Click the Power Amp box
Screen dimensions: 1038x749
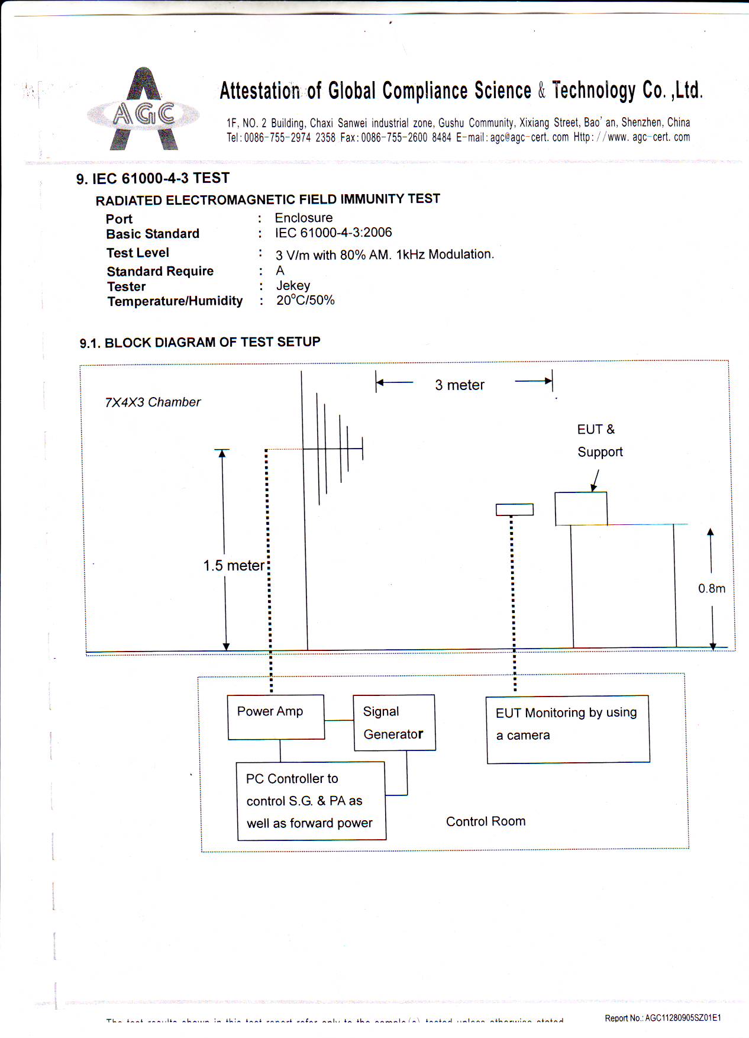[276, 717]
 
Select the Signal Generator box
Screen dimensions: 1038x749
[394, 723]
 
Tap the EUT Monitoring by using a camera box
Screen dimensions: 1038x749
[568, 729]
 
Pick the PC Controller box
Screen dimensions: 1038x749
[311, 801]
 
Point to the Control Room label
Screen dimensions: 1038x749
[486, 821]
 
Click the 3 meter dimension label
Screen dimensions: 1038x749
[460, 385]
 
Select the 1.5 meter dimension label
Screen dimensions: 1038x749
[234, 566]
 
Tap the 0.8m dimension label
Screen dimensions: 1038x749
[711, 588]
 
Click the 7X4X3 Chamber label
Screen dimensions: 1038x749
[153, 402]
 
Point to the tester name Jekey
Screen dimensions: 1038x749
[293, 286]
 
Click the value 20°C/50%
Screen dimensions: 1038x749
[305, 301]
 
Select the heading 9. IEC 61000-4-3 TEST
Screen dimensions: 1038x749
[153, 179]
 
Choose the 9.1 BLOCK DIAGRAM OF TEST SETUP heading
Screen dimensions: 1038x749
[200, 343]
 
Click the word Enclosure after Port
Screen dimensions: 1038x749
[304, 218]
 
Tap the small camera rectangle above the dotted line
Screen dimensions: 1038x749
[514, 510]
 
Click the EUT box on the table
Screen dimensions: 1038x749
[580, 509]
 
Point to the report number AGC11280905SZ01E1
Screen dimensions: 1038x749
[663, 1018]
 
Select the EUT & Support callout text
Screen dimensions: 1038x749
[599, 441]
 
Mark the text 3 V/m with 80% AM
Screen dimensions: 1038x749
[333, 255]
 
